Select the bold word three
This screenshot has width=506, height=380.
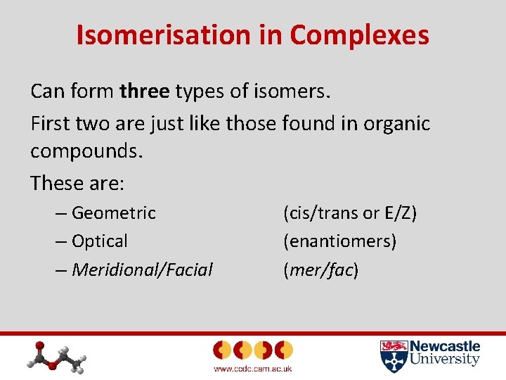click(145, 91)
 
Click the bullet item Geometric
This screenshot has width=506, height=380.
click(113, 213)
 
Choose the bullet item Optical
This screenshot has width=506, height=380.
click(99, 241)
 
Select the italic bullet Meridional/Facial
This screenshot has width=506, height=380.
click(142, 270)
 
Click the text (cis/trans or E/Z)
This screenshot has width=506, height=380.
click(350, 213)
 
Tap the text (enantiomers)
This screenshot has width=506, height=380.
click(339, 241)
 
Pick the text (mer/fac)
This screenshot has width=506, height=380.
click(320, 270)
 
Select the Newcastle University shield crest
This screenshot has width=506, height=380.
click(393, 356)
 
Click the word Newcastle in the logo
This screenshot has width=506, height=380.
click(445, 347)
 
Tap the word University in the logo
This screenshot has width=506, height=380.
click(445, 360)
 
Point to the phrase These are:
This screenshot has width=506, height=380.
click(77, 183)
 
